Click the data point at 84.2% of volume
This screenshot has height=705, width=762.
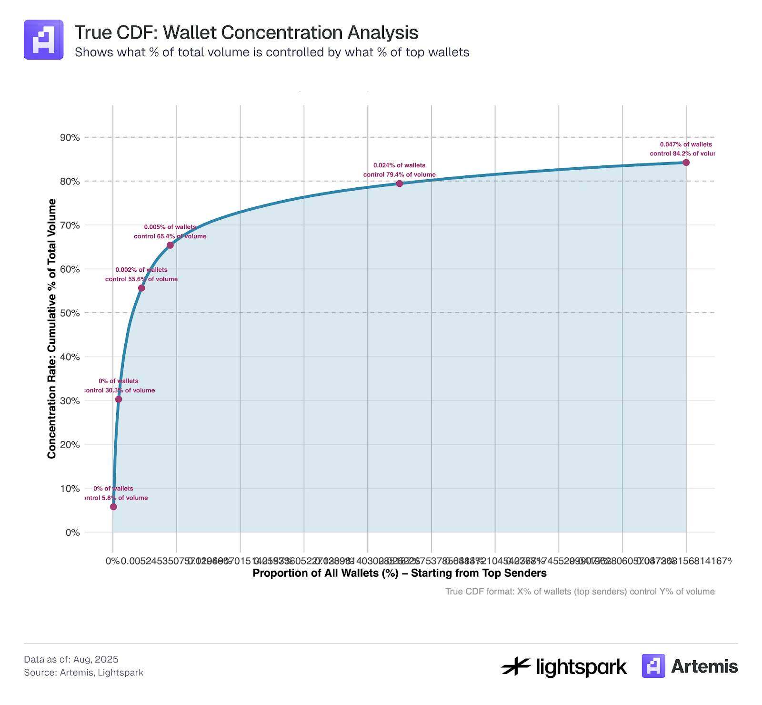click(686, 163)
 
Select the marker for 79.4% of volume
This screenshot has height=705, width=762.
click(400, 184)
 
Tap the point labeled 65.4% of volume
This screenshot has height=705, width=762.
click(170, 245)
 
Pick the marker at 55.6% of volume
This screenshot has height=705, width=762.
click(141, 288)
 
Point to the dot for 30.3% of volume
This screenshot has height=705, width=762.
click(119, 399)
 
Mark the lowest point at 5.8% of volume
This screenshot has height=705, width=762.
click(113, 507)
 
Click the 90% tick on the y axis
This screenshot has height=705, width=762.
click(70, 138)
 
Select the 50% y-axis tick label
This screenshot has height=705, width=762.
click(70, 313)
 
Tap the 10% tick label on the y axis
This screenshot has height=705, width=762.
click(70, 489)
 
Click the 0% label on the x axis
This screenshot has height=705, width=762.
click(112, 561)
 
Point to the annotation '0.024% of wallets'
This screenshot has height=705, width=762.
click(399, 165)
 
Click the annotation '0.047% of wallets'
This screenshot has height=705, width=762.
click(686, 144)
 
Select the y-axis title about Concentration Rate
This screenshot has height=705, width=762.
click(52, 329)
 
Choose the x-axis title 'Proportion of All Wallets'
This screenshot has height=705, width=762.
click(399, 573)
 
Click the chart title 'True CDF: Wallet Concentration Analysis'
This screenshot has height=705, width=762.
click(246, 33)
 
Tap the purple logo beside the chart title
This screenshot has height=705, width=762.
click(44, 40)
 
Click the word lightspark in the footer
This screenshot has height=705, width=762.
click(581, 667)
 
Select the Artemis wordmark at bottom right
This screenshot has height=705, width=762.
click(704, 666)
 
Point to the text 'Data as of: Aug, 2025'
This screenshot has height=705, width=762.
click(71, 659)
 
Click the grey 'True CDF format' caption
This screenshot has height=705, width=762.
click(580, 592)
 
